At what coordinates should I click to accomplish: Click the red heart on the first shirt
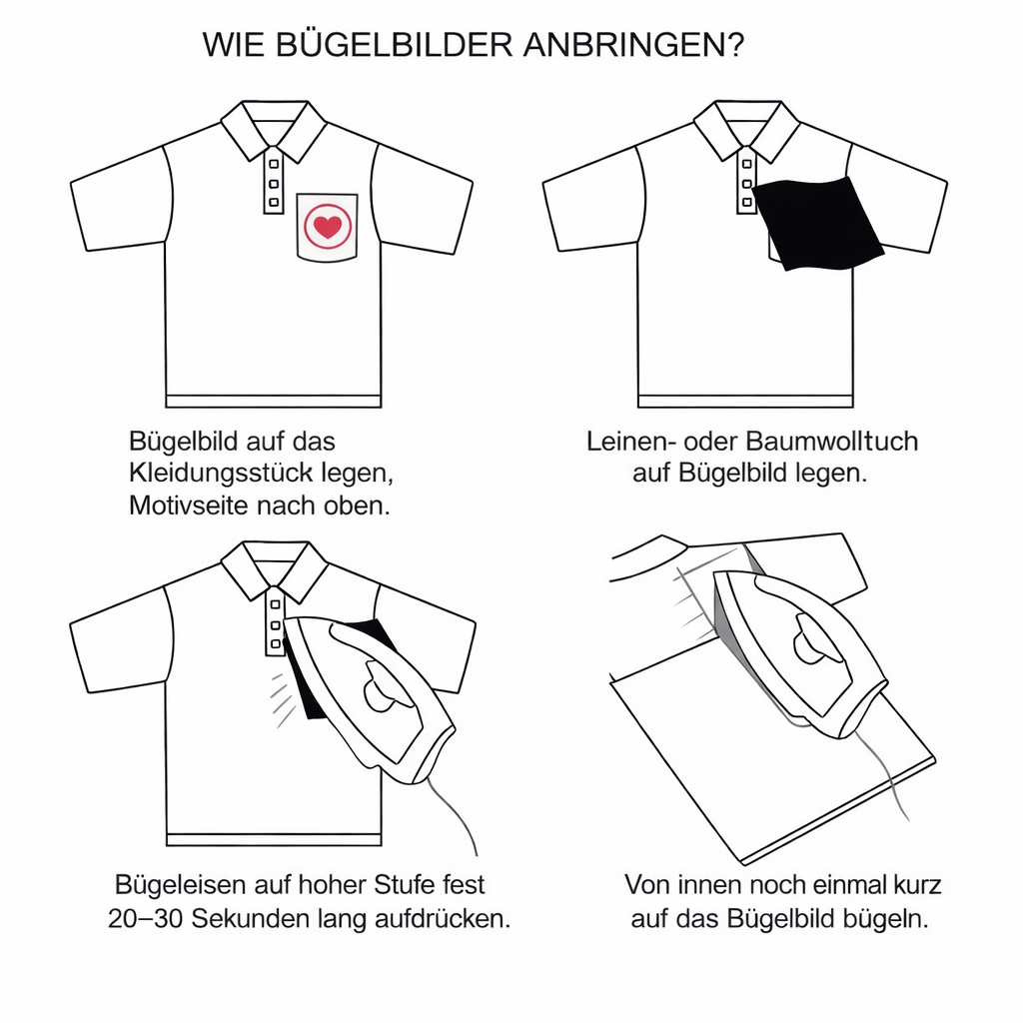(x=327, y=227)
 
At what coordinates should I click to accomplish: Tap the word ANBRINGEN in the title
(x=628, y=46)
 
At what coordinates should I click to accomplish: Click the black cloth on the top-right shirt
(x=817, y=223)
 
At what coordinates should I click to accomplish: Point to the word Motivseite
(x=189, y=506)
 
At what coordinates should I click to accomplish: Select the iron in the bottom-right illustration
(x=799, y=649)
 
